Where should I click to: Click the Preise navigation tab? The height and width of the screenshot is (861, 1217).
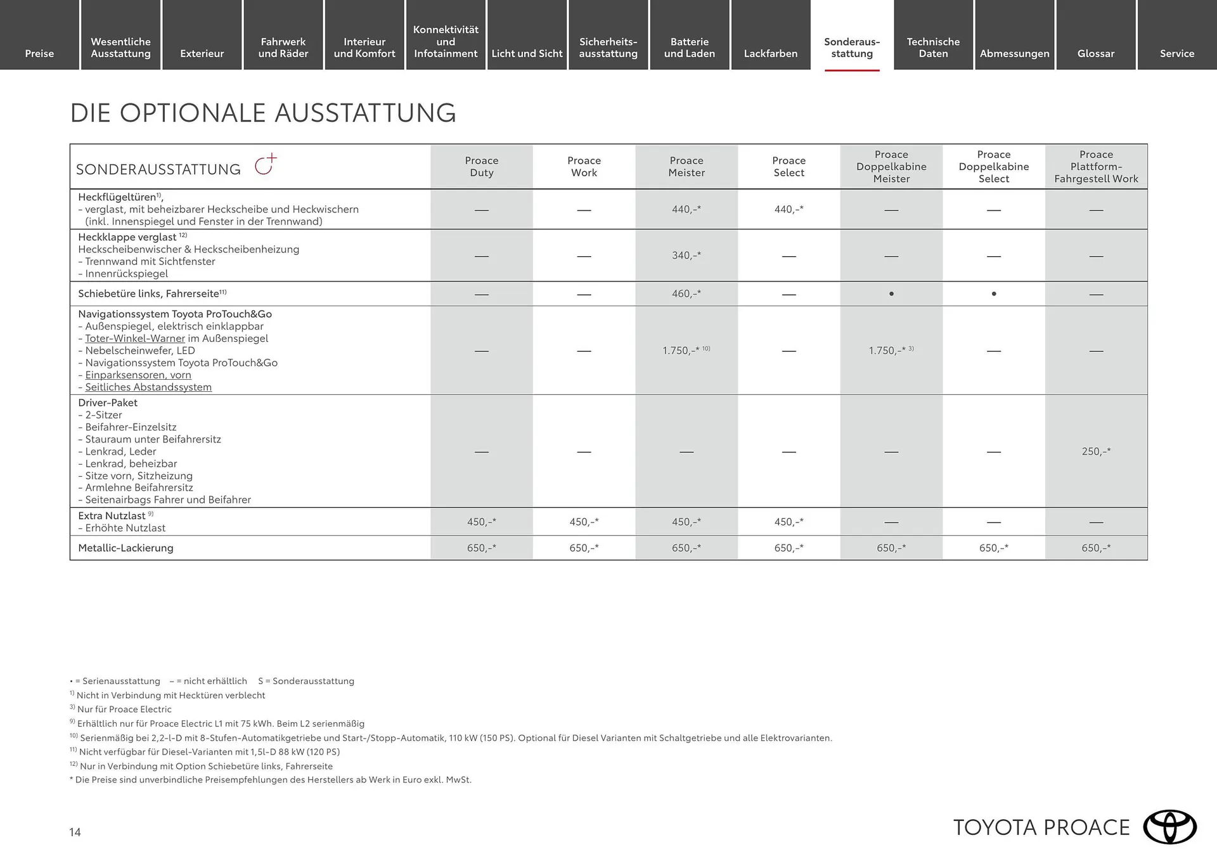click(x=39, y=53)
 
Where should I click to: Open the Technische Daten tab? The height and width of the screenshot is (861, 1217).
click(x=933, y=48)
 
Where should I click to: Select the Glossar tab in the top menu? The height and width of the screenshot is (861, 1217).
click(x=1095, y=53)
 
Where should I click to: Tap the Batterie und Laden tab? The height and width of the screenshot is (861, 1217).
click(x=689, y=48)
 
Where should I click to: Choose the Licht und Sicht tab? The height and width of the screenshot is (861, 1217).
click(x=527, y=53)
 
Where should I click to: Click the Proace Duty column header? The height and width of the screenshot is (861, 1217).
click(x=482, y=167)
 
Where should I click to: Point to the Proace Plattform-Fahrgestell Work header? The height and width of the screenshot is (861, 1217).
click(x=1096, y=167)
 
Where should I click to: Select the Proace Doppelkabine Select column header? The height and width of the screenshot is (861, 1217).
click(x=993, y=167)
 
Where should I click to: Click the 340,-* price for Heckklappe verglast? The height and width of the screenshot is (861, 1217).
click(x=686, y=256)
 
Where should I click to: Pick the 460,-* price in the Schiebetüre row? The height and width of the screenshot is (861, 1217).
click(x=686, y=294)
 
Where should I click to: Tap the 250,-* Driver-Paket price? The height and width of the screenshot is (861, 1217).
click(x=1096, y=451)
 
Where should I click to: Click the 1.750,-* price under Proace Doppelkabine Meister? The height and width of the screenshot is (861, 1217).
click(x=887, y=351)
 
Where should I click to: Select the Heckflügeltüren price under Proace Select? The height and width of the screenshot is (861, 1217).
click(x=789, y=209)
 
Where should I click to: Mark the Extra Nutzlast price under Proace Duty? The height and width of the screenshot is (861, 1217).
click(x=482, y=522)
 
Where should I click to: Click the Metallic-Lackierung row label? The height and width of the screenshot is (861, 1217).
click(x=126, y=548)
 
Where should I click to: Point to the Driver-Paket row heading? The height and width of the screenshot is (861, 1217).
click(x=108, y=403)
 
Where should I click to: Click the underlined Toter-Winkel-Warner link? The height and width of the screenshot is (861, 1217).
click(x=135, y=339)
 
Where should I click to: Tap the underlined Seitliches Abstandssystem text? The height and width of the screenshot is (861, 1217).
click(x=148, y=387)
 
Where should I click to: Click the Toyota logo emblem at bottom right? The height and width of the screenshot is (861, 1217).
click(x=1169, y=827)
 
